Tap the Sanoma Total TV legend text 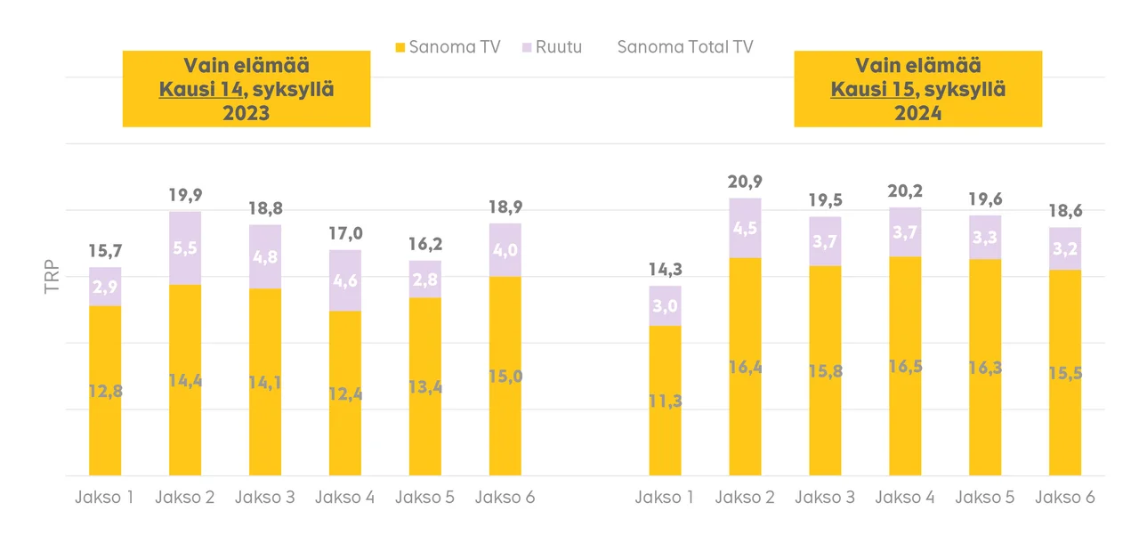(x=685, y=47)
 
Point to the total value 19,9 (x=185, y=195)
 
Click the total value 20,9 (x=745, y=182)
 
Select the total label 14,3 (x=665, y=270)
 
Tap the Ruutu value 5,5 (x=185, y=249)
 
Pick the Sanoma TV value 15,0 (x=505, y=377)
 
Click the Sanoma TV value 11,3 (x=665, y=401)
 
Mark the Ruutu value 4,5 (x=745, y=229)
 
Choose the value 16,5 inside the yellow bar (x=905, y=367)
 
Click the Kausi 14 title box (x=246, y=89)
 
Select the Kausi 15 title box (x=918, y=89)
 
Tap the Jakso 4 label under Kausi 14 (x=344, y=498)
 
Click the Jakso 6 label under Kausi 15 (x=1065, y=498)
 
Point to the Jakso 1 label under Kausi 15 (x=665, y=498)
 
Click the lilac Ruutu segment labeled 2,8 (x=425, y=280)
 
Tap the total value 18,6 (x=1065, y=212)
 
